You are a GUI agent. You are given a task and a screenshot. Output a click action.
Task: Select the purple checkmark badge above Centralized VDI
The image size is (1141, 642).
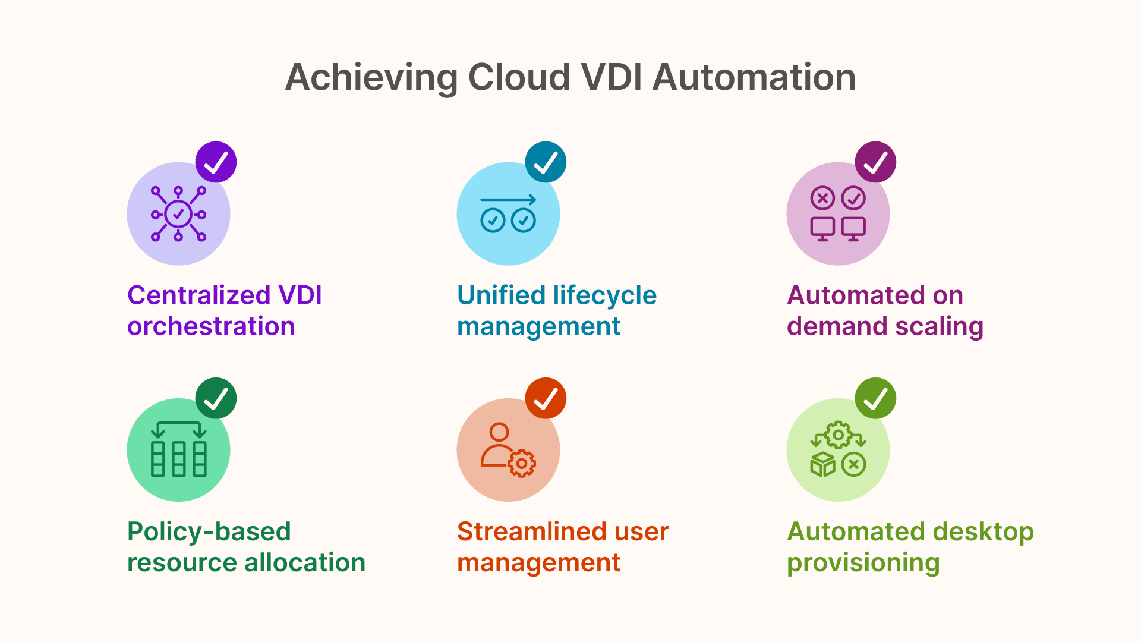click(x=216, y=162)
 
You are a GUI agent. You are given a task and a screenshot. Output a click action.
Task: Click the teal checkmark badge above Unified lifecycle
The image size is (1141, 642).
click(x=546, y=162)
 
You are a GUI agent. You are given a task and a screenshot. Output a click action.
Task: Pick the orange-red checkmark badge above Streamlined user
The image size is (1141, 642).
click(x=546, y=398)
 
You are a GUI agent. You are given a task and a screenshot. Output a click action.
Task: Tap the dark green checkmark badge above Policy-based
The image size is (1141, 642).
click(x=216, y=398)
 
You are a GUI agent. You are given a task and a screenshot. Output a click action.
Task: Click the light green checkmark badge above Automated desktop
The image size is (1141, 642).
click(x=875, y=398)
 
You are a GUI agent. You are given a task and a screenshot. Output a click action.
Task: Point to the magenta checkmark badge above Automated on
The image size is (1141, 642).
click(x=875, y=162)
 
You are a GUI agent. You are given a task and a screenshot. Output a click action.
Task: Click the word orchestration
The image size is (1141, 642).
click(x=211, y=326)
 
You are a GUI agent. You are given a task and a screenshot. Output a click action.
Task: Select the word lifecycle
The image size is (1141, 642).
click(x=604, y=295)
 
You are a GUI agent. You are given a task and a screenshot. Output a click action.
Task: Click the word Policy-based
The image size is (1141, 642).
click(x=209, y=531)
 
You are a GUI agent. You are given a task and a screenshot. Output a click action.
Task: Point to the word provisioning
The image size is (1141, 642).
click(x=863, y=562)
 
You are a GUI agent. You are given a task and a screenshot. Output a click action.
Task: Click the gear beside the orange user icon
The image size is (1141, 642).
click(x=522, y=464)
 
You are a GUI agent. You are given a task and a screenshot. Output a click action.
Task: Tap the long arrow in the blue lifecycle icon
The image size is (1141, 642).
click(x=508, y=200)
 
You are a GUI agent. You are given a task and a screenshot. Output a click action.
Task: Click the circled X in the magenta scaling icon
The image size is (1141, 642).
click(x=822, y=198)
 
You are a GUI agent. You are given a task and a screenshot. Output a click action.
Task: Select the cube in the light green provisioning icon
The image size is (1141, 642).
click(x=823, y=464)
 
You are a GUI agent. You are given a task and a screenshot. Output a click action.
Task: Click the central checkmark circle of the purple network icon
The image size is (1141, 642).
click(x=178, y=214)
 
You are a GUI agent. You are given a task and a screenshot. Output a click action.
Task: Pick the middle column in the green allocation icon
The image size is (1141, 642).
click(x=178, y=459)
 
